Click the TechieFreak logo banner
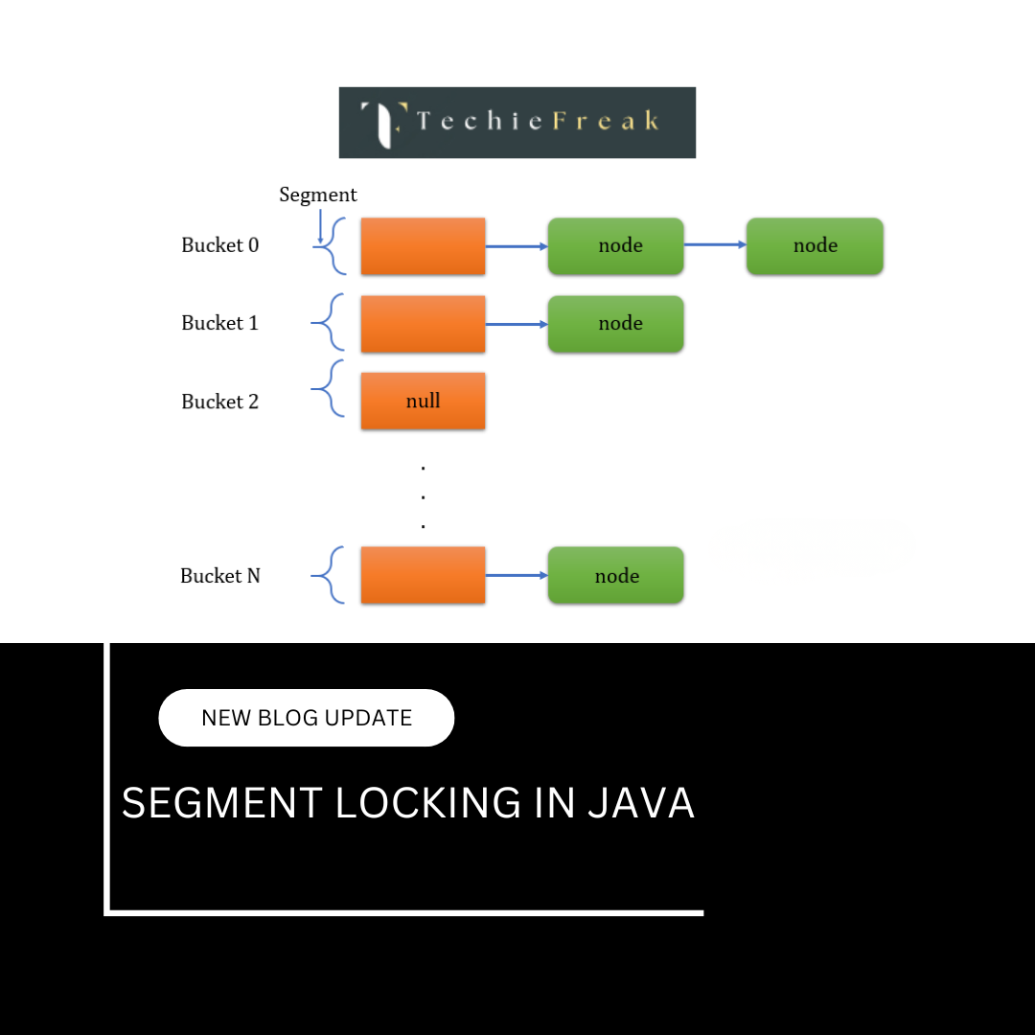click(517, 123)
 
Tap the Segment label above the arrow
click(317, 195)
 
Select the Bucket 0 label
click(219, 245)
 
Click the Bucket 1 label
click(219, 323)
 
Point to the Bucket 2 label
click(219, 402)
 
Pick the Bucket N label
click(219, 576)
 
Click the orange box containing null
click(423, 402)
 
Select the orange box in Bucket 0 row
click(423, 246)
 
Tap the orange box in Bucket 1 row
click(423, 324)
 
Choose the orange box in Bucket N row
click(423, 575)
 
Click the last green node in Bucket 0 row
click(815, 246)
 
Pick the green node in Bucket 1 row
click(615, 324)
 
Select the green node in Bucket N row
click(615, 575)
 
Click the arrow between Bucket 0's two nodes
click(715, 244)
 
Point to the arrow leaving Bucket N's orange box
click(517, 575)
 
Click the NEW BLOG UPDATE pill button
click(306, 718)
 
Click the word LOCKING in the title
click(428, 803)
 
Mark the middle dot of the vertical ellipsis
click(423, 497)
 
